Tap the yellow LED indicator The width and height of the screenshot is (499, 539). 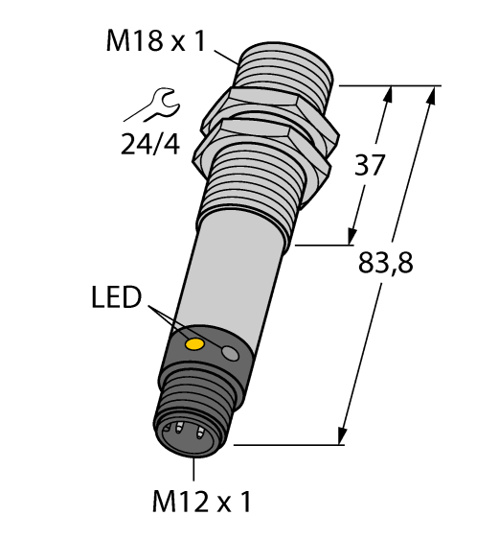(195, 343)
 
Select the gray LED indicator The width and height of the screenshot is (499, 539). (230, 355)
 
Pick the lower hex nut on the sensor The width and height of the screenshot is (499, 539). (259, 139)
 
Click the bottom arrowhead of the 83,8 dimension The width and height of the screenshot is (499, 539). (340, 436)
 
